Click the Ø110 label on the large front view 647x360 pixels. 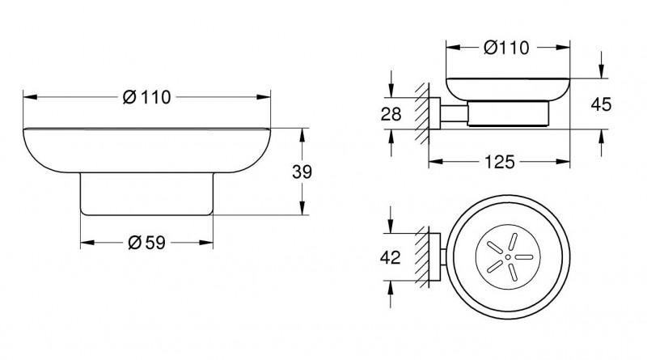[x=147, y=97]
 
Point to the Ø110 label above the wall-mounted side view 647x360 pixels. [x=505, y=48]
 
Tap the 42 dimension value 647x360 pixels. [x=390, y=259]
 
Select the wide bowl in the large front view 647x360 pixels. [x=146, y=150]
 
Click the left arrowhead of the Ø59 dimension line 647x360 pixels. [x=84, y=242]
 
